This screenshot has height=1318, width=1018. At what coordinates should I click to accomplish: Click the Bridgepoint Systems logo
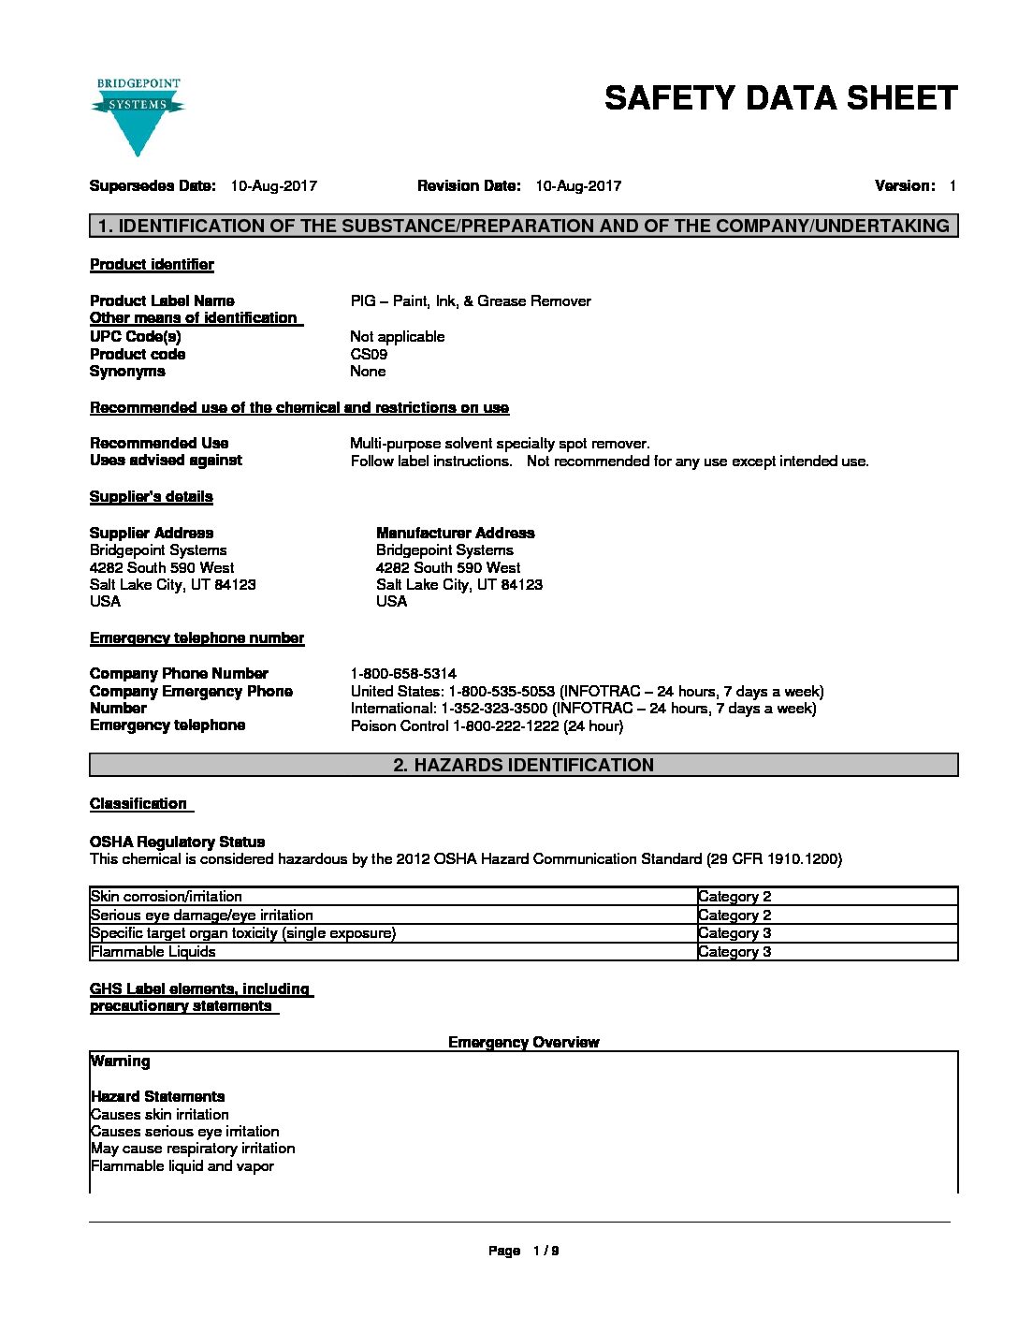pos(138,116)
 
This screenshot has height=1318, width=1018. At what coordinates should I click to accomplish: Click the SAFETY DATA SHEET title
pos(780,98)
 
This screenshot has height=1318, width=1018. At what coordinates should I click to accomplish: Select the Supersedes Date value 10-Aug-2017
pos(273,186)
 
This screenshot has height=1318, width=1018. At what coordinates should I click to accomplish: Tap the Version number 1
pos(952,186)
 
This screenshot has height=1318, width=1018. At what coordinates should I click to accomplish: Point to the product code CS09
pos(369,355)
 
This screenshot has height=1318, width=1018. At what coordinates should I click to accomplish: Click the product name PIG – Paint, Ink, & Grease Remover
pos(471,301)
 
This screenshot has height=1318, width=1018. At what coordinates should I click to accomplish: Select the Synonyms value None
pos(368,372)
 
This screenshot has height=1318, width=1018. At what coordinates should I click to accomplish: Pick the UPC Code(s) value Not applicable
pos(397,337)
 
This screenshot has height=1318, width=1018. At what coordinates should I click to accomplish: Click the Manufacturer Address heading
pos(455,534)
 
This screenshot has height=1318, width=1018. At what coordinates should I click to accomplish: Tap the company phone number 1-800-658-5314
pos(403,674)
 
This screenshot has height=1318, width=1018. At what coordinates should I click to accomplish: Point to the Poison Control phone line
pos(487,726)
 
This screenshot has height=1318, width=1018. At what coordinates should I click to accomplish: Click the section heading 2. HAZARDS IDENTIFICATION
pos(523,766)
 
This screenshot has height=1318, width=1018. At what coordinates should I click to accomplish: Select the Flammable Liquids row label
pos(153,952)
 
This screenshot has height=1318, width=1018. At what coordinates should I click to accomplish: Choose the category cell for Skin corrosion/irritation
pos(734,897)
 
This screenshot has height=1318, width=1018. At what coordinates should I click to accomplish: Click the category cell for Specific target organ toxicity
pos(734,933)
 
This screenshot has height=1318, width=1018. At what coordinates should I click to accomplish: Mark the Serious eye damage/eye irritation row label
pos(202,915)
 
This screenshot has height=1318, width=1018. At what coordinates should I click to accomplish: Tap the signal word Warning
pos(120,1062)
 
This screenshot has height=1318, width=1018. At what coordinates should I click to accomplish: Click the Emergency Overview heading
pos(523,1043)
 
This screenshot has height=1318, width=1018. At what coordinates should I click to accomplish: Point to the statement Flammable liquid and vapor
pos(182,1166)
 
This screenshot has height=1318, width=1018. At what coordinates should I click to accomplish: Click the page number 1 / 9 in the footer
pos(545,1252)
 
